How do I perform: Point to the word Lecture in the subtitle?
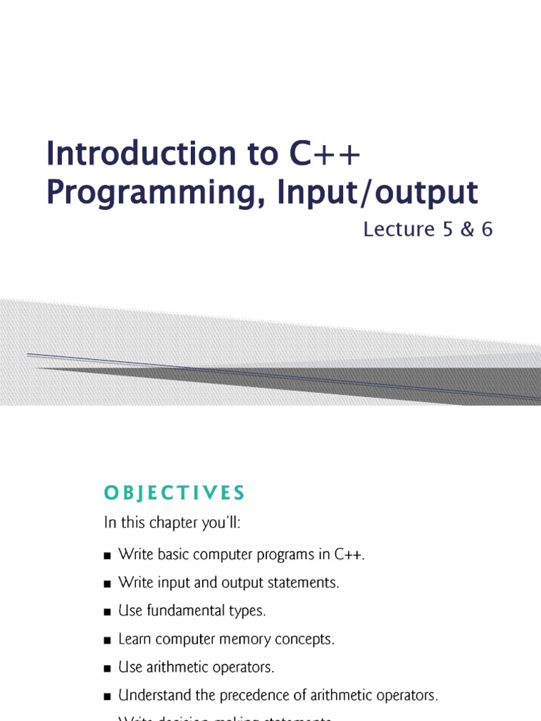coord(397,229)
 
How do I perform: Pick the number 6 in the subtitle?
coord(486,229)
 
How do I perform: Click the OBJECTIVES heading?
coord(174,494)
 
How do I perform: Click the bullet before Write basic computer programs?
coord(108,556)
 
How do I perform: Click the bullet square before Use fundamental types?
coord(108,612)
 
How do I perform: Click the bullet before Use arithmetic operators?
coord(108,668)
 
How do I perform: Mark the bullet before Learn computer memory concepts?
coord(108,640)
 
